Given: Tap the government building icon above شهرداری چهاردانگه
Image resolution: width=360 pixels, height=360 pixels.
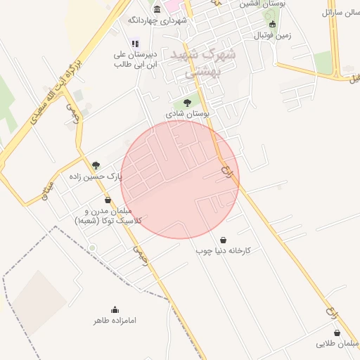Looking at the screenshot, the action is (x=157, y=8).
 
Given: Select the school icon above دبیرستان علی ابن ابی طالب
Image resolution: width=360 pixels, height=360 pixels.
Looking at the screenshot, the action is (x=135, y=43).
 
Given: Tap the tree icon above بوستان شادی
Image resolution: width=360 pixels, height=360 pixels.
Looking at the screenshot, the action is (x=186, y=103).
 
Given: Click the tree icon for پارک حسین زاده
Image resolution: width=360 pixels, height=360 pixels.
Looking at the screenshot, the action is (x=96, y=165).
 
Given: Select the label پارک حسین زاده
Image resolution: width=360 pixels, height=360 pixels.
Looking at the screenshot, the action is (x=96, y=176).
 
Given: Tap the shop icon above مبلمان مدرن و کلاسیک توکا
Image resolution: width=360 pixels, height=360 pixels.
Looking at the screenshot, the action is (x=108, y=200).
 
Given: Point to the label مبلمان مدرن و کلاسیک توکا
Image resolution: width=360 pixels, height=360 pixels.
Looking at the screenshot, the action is (x=108, y=216).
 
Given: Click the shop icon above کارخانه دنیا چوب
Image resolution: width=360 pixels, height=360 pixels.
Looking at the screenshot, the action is (x=224, y=240).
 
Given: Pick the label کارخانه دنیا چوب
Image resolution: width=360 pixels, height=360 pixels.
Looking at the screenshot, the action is (x=224, y=250).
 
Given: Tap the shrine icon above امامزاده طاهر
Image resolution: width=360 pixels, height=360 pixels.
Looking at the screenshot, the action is (x=115, y=309).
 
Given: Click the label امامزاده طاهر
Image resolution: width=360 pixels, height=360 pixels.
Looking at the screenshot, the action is (x=115, y=321).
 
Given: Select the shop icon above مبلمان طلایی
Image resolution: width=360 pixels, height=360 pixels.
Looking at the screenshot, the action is (x=337, y=333).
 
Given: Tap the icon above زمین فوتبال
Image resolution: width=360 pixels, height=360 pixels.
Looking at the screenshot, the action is (x=273, y=24).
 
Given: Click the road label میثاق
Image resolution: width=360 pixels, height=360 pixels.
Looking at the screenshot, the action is (x=46, y=189).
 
